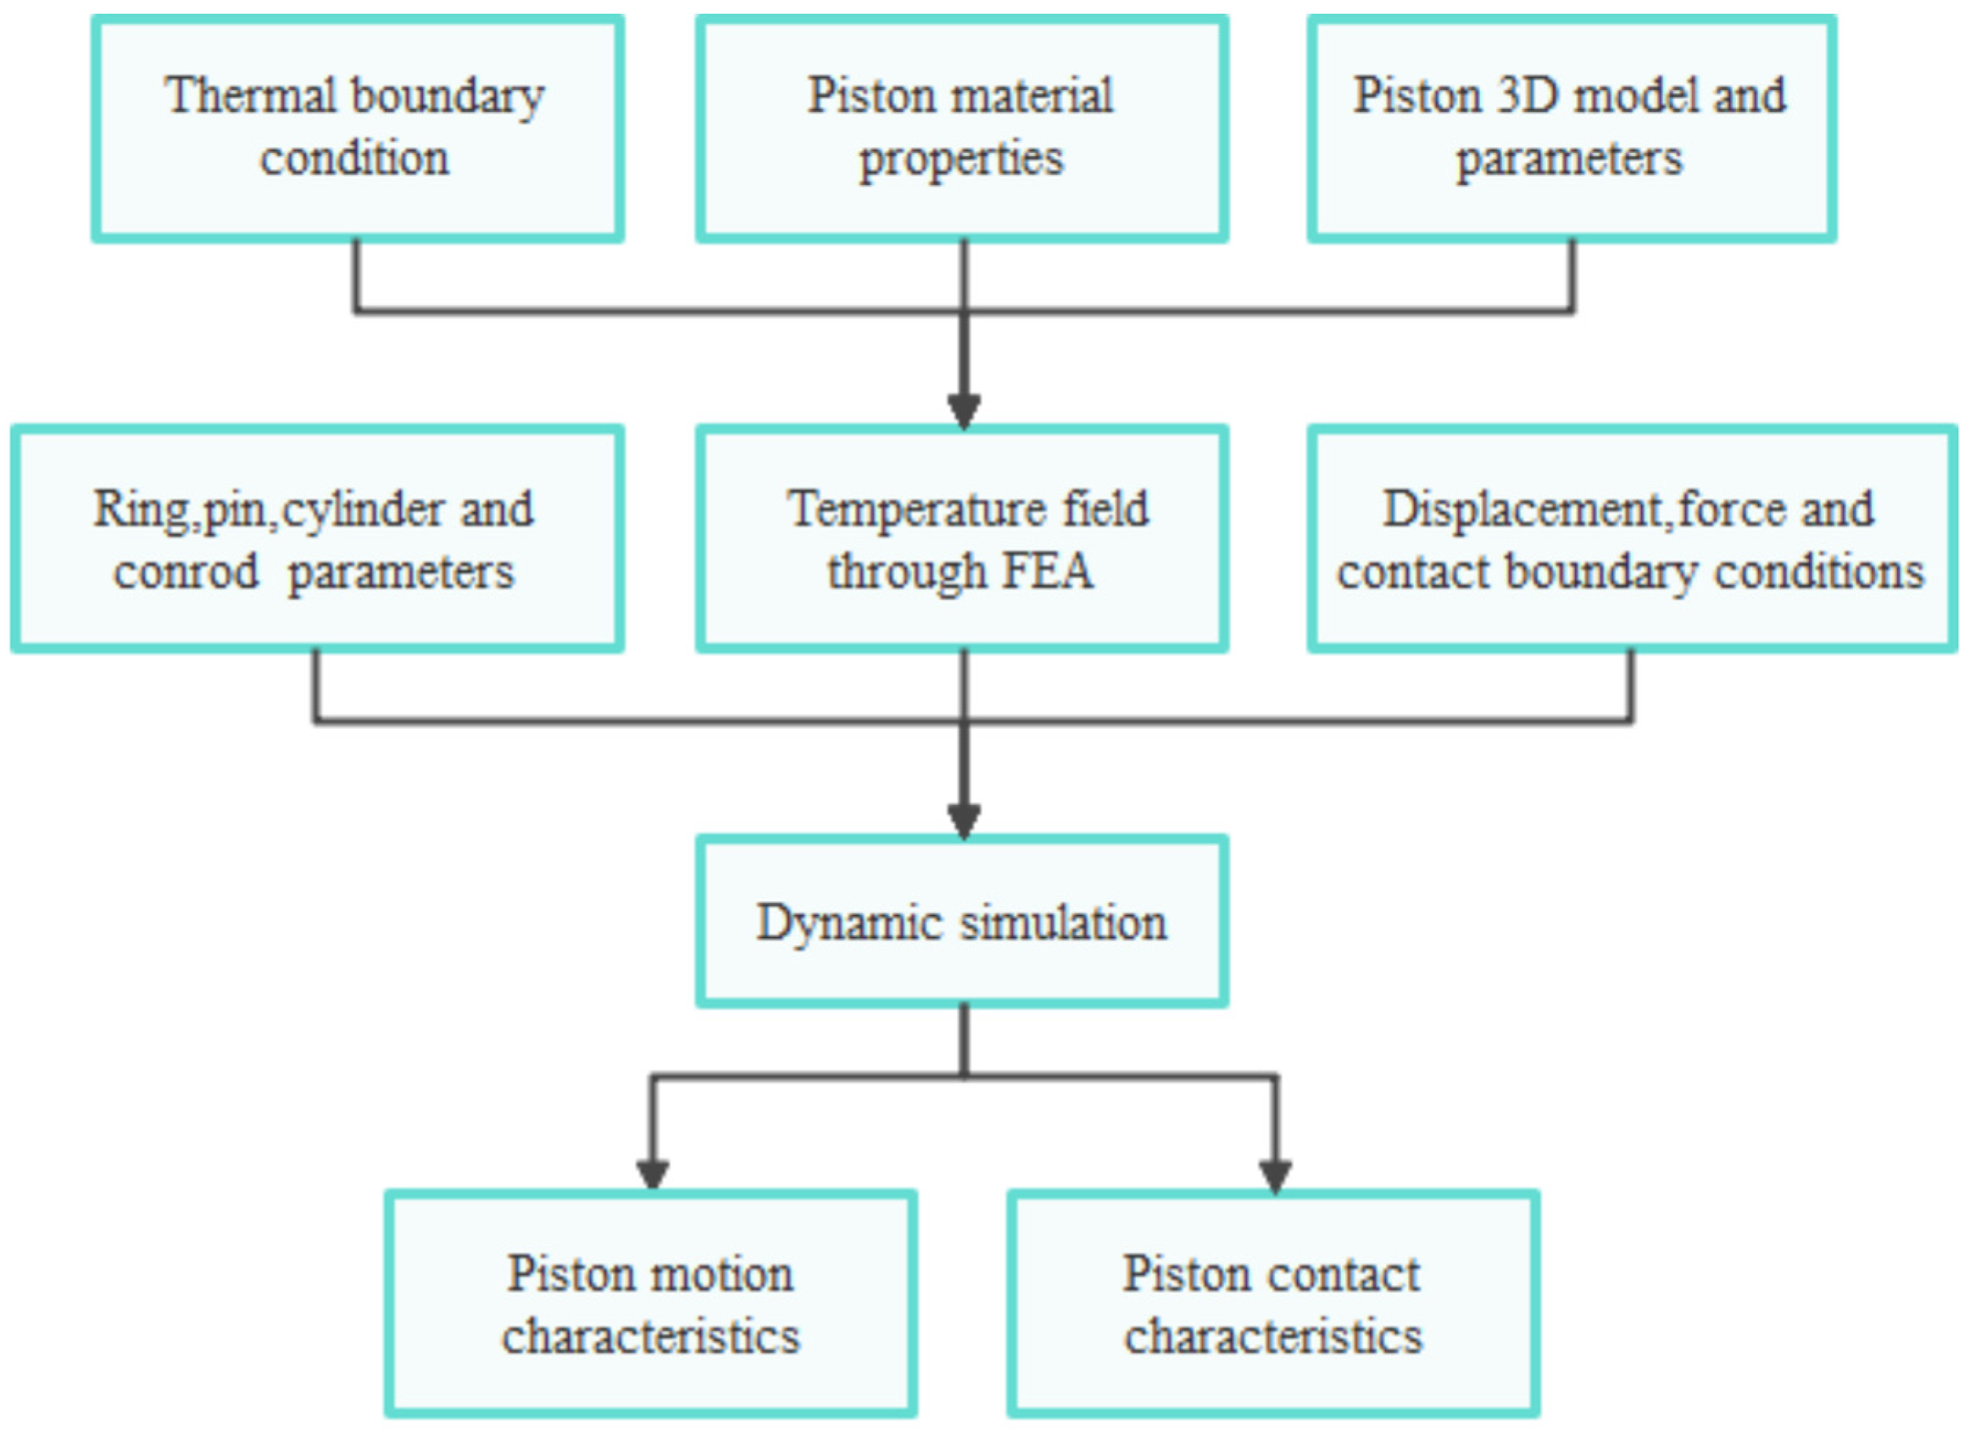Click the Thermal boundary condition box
click(x=358, y=129)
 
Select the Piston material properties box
click(x=961, y=129)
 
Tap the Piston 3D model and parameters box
click(x=1571, y=129)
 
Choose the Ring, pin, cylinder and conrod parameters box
click(x=317, y=539)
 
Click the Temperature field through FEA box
click(x=961, y=539)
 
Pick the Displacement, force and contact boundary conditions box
click(x=1631, y=539)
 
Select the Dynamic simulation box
click(x=961, y=922)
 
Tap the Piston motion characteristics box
click(x=650, y=1305)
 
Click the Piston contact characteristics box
click(x=1273, y=1305)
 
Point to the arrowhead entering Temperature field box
click(x=964, y=411)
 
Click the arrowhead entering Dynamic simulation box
click(x=964, y=820)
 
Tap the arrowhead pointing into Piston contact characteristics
click(x=1275, y=1174)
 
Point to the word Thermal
click(x=249, y=96)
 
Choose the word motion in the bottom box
click(x=722, y=1275)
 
